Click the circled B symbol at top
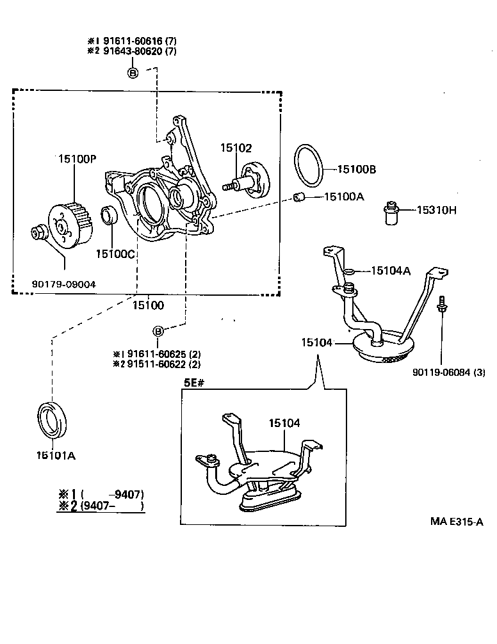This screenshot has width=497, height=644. click(133, 72)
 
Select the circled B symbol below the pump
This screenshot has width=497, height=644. click(158, 331)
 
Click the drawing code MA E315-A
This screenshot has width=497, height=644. click(455, 522)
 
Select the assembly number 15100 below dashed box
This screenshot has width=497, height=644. click(148, 305)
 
